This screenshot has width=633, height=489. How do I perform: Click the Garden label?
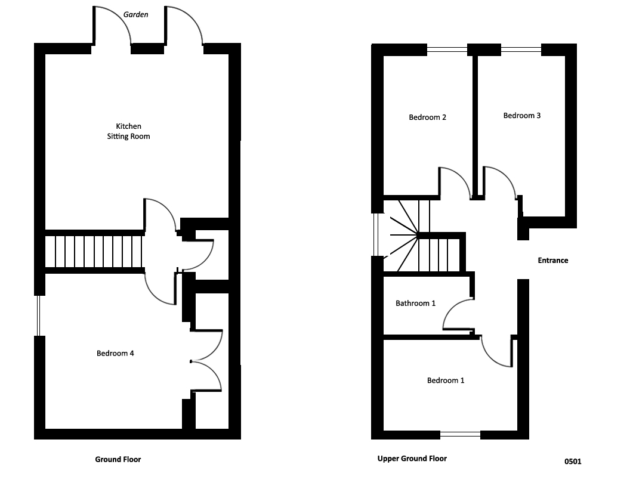135,14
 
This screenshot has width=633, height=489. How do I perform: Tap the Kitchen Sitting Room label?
128,131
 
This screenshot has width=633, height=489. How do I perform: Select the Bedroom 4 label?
115,354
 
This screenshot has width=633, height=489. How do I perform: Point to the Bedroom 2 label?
428,117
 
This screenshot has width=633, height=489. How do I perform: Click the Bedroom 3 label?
522,116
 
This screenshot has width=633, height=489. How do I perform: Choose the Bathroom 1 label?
415,304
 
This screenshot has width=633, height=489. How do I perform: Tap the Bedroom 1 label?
446,380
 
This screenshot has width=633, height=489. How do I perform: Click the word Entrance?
553,261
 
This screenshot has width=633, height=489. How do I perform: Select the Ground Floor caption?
118,460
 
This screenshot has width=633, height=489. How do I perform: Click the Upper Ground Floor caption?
412,459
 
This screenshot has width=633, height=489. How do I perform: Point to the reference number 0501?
573,462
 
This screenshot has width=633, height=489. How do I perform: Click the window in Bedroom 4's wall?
39,316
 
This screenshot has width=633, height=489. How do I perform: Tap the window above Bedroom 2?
447,49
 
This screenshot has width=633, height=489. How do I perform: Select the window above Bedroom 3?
521,49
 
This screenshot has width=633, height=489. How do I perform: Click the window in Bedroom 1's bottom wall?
460,435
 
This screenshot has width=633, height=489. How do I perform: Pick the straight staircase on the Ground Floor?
94,252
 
